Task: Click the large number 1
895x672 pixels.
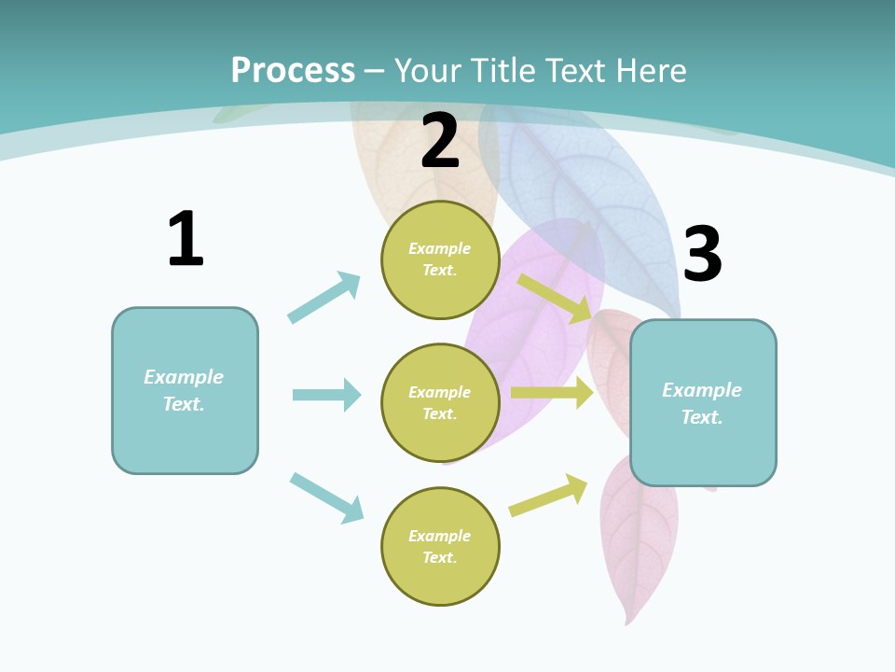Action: pos(186,239)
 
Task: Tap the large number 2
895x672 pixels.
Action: pos(440,141)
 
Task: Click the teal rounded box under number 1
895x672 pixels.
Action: pos(185,390)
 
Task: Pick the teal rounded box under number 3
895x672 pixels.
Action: pos(703,403)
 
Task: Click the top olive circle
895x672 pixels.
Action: pos(440,259)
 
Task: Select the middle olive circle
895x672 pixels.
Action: pos(440,403)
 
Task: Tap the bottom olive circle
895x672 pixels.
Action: pos(440,547)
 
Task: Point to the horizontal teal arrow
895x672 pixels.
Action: pos(326,395)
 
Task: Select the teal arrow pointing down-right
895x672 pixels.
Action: pos(326,497)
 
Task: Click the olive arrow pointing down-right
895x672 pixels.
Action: pos(555,298)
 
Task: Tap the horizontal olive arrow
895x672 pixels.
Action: pos(552,393)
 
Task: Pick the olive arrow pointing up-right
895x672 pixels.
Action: pos(548,496)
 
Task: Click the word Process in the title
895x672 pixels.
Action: pos(293,70)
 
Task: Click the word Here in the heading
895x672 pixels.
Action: pos(650,70)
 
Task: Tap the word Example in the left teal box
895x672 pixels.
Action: pos(184,377)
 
